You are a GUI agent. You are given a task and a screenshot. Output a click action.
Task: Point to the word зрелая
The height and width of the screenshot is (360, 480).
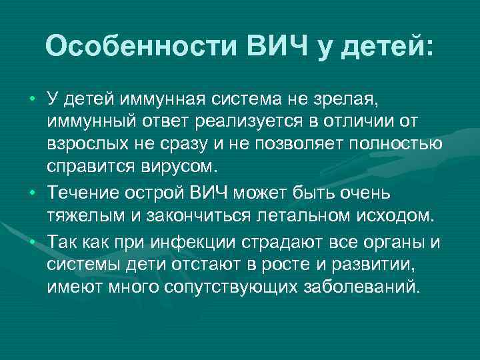[x=346, y=100]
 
